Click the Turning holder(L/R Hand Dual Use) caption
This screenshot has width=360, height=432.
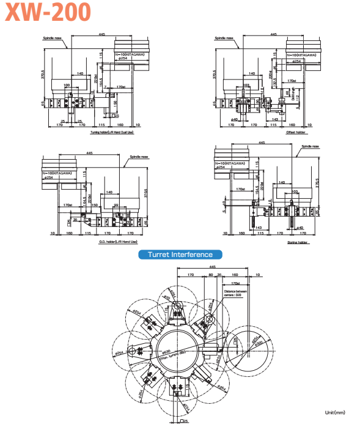click(112, 132)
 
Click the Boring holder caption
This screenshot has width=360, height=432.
click(297, 242)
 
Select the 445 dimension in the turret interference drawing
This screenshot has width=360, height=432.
click(212, 267)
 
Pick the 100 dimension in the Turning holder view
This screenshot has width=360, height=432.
click(67, 85)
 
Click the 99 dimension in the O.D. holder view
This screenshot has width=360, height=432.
click(116, 205)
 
